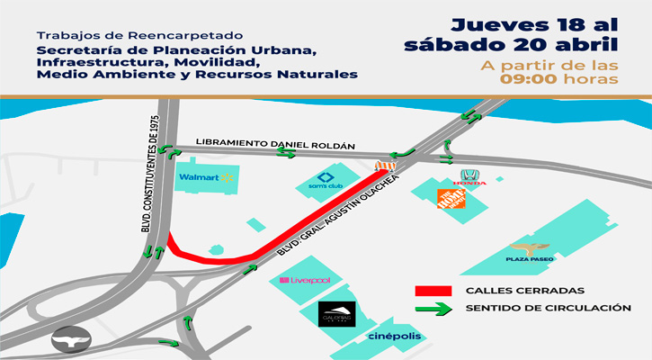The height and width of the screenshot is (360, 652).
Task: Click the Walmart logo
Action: [206, 177]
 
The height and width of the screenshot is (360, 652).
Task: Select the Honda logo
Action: [469, 177]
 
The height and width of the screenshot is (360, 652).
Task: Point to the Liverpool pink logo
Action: [306, 280]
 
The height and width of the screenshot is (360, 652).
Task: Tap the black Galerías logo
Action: [339, 315]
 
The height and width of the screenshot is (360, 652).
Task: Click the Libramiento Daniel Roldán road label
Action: [275, 144]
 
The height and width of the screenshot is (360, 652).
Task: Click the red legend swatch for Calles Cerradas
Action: [433, 291]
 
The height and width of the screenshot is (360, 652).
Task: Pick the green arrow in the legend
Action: [433, 309]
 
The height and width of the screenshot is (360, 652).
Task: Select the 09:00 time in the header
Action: [531, 80]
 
